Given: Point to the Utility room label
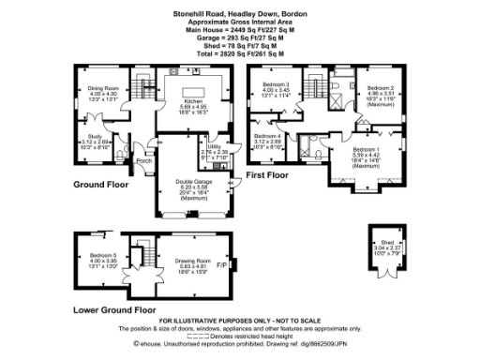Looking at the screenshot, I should click(x=215, y=146).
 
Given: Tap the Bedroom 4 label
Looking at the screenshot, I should click(x=267, y=137).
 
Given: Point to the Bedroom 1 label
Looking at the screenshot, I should click(x=366, y=148).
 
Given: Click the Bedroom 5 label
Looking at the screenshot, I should click(x=102, y=255).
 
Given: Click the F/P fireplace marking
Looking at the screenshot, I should click(x=221, y=265).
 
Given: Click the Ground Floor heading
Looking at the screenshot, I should click(x=100, y=185).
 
